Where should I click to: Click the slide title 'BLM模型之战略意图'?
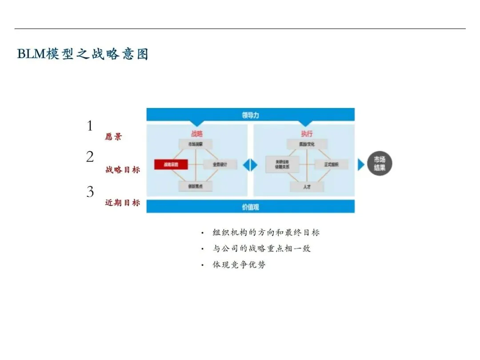click(83, 54)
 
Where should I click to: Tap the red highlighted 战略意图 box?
click(171, 164)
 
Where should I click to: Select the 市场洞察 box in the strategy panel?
click(196, 144)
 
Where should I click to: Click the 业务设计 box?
click(220, 164)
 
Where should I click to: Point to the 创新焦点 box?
click(196, 186)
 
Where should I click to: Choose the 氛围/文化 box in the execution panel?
click(307, 144)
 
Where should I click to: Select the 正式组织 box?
click(332, 164)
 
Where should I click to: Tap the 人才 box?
click(307, 187)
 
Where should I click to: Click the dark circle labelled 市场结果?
click(379, 164)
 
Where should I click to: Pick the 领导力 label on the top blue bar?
click(250, 115)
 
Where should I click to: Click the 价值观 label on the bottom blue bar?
click(250, 207)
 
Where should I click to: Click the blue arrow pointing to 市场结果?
click(361, 164)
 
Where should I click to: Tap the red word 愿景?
click(113, 137)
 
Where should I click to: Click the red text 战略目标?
click(122, 169)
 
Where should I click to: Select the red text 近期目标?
click(122, 203)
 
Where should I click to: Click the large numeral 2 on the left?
click(90, 157)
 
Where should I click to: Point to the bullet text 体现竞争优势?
click(239, 264)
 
